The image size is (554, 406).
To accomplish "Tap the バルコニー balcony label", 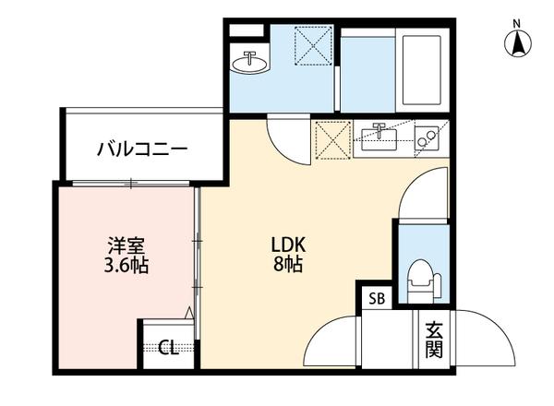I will pyautogui.click(x=143, y=148).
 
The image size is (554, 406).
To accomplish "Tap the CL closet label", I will pyautogui.click(x=167, y=348).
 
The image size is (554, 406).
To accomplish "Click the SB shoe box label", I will pyautogui.click(x=377, y=298).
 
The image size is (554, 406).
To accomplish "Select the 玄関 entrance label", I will pyautogui.click(x=433, y=340).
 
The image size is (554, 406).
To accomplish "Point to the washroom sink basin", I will pyautogui.click(x=250, y=63).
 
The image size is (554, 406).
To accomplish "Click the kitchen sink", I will pyautogui.click(x=379, y=139).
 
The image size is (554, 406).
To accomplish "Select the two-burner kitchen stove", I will pyautogui.click(x=428, y=139).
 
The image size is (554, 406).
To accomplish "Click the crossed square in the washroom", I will pyautogui.click(x=314, y=46).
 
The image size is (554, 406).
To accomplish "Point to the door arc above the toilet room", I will pyautogui.click(x=427, y=194).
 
